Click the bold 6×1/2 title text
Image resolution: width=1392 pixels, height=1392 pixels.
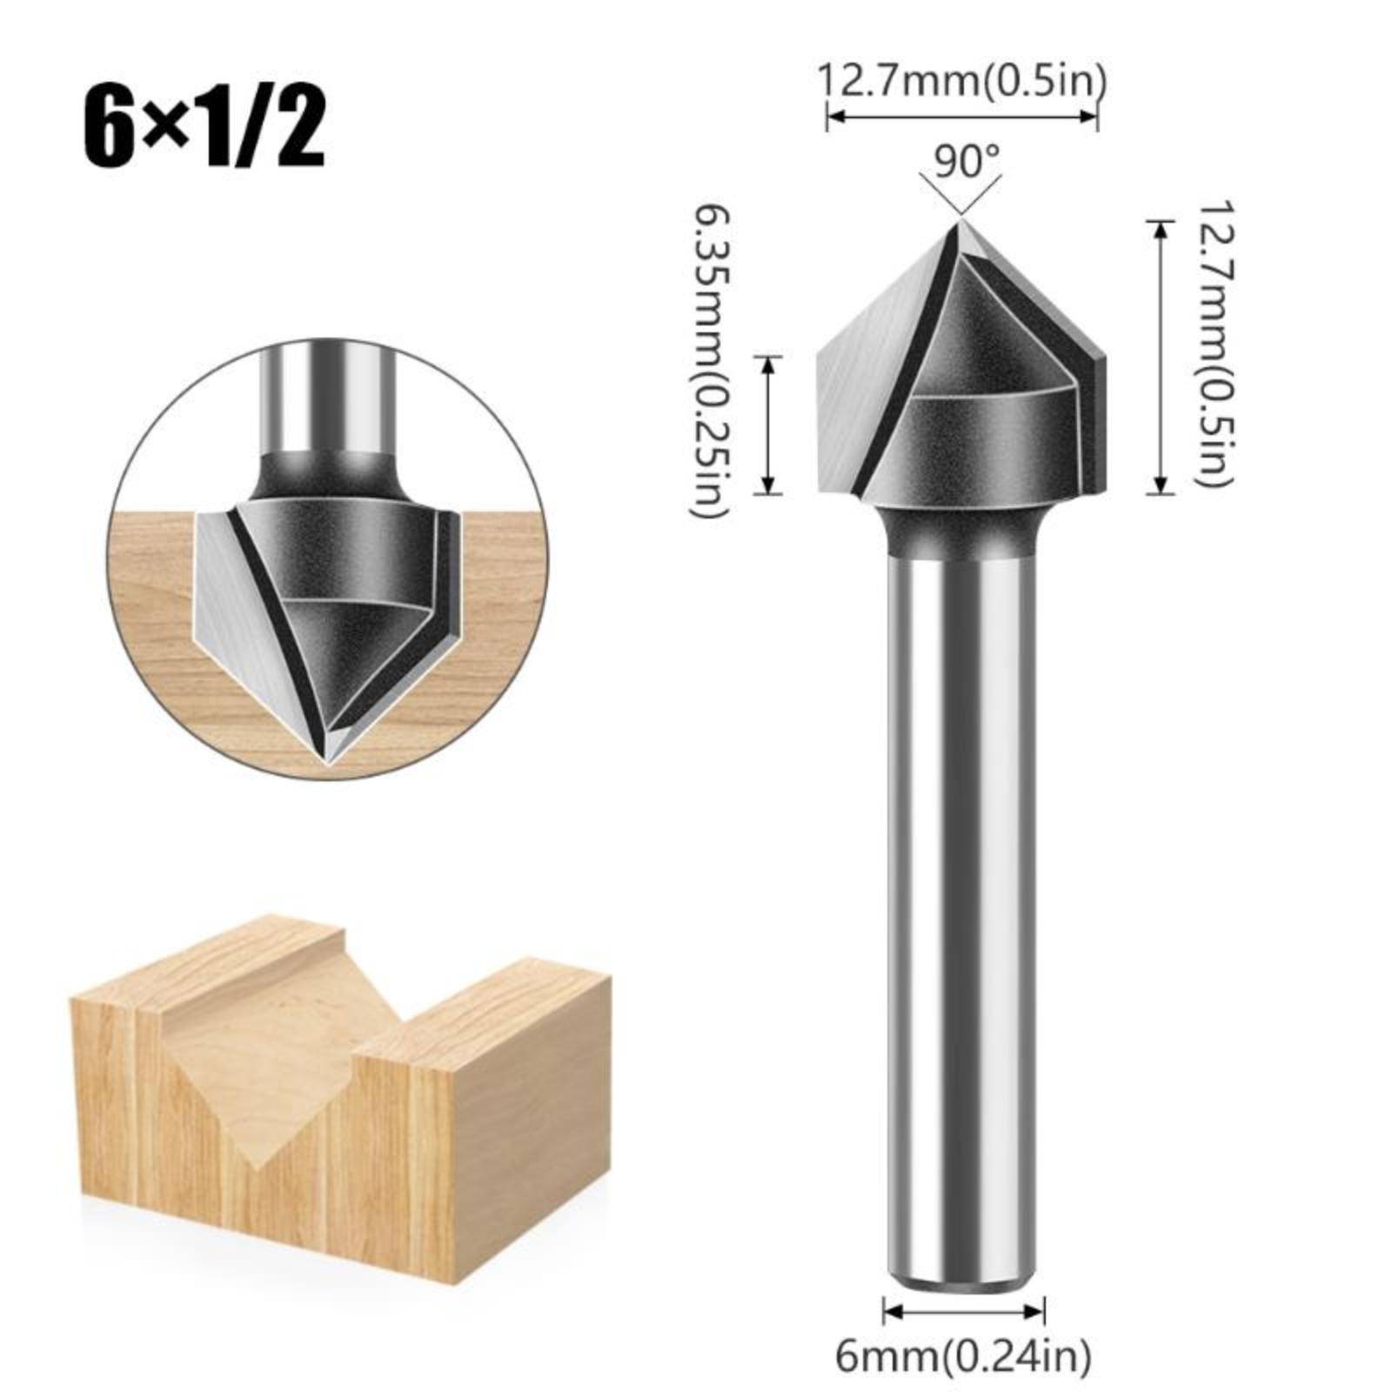click(x=204, y=128)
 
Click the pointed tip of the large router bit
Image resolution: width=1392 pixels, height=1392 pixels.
click(x=961, y=223)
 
